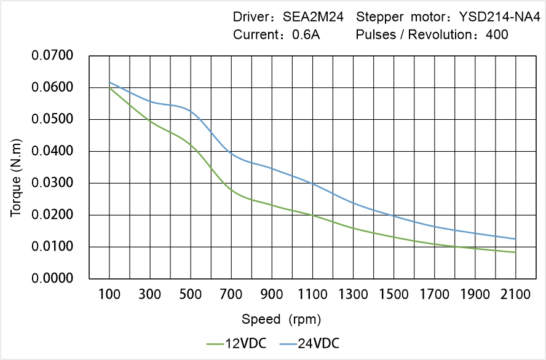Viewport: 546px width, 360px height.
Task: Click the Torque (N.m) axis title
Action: point(17,166)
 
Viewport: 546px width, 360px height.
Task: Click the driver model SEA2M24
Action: point(313,17)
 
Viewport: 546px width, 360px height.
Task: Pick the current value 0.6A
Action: point(306,34)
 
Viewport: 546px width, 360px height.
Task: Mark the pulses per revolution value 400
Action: point(497,34)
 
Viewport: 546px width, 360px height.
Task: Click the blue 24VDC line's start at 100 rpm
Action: point(109,82)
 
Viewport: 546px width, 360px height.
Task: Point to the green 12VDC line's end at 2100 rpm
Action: point(515,252)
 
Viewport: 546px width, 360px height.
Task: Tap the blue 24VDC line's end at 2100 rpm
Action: point(515,239)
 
